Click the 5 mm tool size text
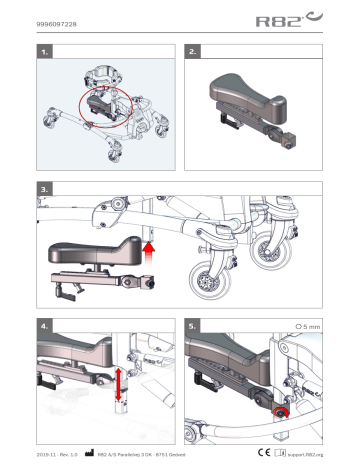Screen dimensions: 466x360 tap(309, 326)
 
